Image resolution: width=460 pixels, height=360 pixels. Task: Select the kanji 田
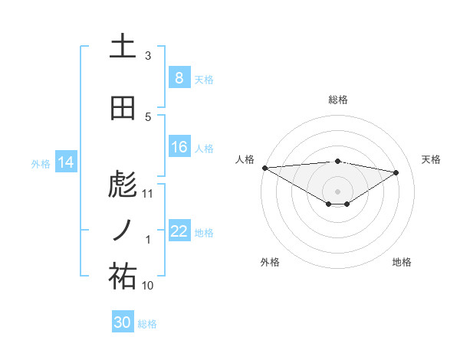(123, 109)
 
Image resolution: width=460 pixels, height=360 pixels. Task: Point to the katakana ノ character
(123, 231)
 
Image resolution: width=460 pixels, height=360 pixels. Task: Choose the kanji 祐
(123, 277)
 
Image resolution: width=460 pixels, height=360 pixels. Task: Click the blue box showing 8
(179, 77)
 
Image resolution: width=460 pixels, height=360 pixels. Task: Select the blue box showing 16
(179, 147)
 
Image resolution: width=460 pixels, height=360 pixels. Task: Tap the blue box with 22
(179, 231)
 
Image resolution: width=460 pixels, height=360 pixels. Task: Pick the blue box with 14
(66, 162)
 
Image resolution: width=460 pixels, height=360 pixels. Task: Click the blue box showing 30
(123, 322)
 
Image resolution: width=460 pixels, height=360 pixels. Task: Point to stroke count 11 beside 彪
(149, 194)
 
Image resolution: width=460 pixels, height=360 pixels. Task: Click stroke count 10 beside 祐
(149, 286)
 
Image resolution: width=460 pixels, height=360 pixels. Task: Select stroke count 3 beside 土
(148, 56)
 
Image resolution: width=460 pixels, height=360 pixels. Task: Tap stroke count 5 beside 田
(148, 117)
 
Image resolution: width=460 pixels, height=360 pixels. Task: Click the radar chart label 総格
(337, 100)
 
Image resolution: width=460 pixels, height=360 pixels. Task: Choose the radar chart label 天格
(432, 159)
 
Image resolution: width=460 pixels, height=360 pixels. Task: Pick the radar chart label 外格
(270, 262)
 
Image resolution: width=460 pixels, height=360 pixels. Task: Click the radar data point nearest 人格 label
(264, 167)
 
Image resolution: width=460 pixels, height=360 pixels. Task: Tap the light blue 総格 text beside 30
(148, 324)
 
